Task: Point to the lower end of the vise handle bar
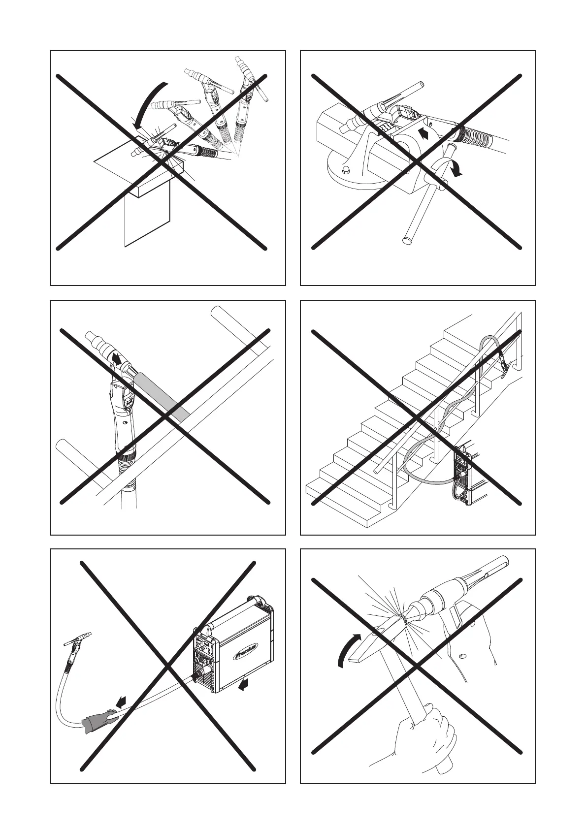pyautogui.click(x=408, y=240)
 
